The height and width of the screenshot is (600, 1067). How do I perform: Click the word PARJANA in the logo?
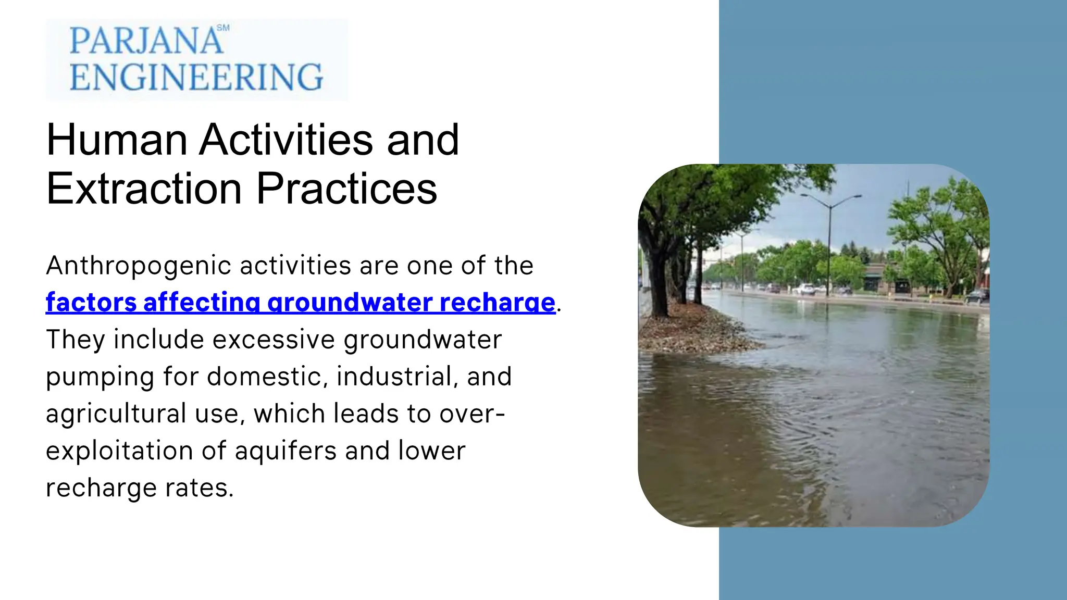point(146,41)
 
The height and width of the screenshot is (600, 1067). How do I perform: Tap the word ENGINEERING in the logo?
point(196,77)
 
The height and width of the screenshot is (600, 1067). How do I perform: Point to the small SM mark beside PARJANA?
point(223,28)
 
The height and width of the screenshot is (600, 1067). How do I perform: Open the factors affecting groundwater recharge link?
point(301,303)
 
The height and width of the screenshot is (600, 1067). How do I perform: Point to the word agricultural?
point(116,414)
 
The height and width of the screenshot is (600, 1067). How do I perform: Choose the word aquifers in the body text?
point(286,451)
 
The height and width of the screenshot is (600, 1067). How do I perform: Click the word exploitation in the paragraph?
point(119,451)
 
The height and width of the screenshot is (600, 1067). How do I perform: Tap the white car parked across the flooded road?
point(805,289)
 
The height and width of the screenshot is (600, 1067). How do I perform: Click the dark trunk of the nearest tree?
point(655,271)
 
